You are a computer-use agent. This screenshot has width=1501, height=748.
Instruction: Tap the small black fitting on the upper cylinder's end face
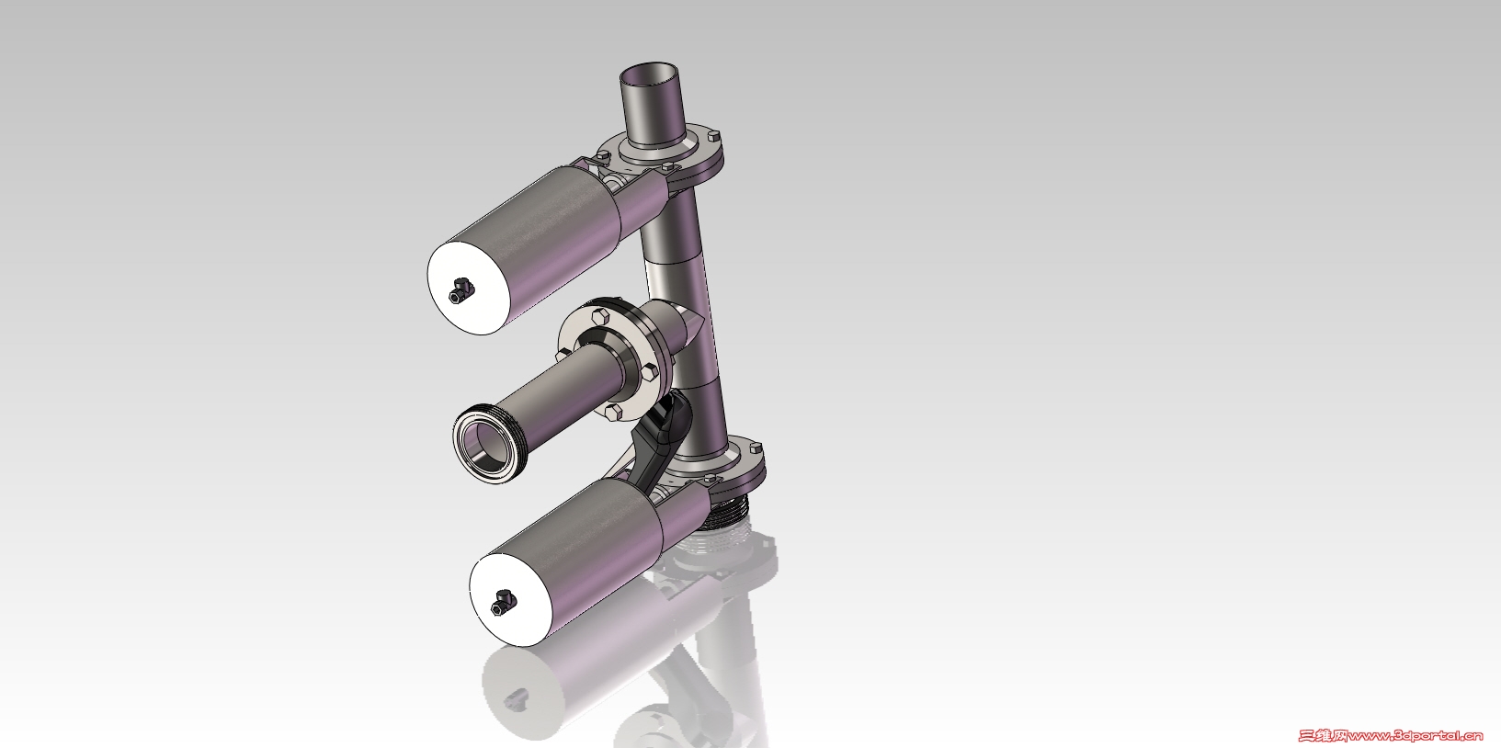(x=461, y=290)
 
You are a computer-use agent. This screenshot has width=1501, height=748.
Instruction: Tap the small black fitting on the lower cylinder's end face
(x=503, y=602)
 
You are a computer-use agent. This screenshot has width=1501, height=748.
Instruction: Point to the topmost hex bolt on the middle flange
(x=601, y=316)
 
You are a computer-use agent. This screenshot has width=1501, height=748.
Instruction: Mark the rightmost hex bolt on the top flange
(x=713, y=136)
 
